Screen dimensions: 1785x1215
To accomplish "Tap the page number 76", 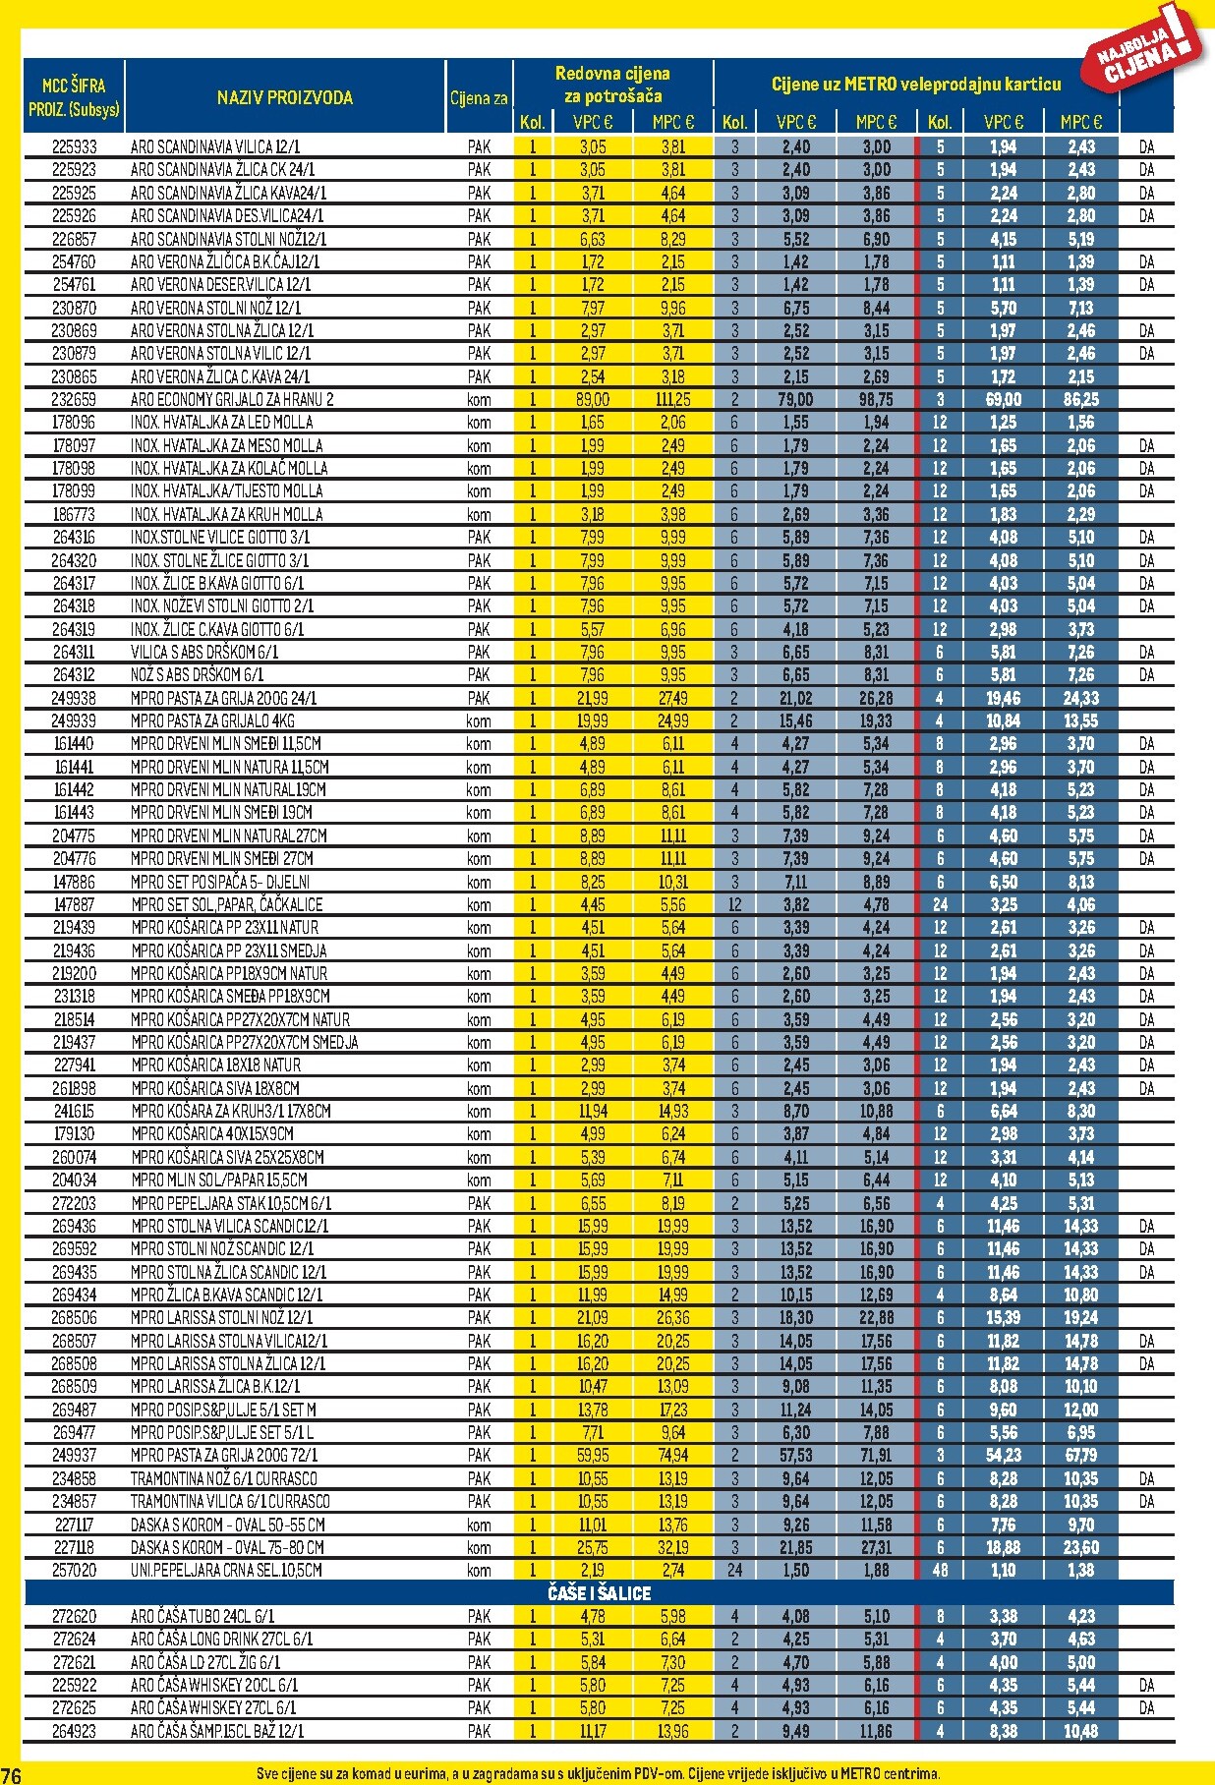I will pyautogui.click(x=11, y=1772).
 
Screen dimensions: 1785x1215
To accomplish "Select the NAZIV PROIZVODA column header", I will pyautogui.click(x=284, y=97).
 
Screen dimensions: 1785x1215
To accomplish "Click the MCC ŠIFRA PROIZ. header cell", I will pyautogui.click(x=74, y=96).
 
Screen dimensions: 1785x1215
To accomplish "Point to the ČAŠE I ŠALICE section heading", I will pyautogui.click(x=599, y=1593).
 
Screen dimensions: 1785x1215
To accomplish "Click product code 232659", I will pyautogui.click(x=74, y=399).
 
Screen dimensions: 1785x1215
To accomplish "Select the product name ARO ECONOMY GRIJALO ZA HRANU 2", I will pyautogui.click(x=232, y=399).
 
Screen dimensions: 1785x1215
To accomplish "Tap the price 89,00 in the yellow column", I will pyautogui.click(x=593, y=399).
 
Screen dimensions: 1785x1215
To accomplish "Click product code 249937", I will pyautogui.click(x=74, y=1455).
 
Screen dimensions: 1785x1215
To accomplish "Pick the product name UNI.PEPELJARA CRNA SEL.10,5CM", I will pyautogui.click(x=226, y=1570).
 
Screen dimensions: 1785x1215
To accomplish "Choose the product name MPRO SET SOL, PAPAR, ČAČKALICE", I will pyautogui.click(x=226, y=904).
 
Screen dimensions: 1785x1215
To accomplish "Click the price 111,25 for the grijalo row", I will pyautogui.click(x=672, y=399).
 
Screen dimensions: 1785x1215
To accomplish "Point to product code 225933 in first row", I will pyautogui.click(x=74, y=146).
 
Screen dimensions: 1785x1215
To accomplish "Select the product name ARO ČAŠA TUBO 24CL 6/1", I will pyautogui.click(x=202, y=1616).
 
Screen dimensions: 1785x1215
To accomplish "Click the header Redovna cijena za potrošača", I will pyautogui.click(x=612, y=85).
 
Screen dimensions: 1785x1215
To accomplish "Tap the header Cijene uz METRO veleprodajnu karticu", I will pyautogui.click(x=916, y=85).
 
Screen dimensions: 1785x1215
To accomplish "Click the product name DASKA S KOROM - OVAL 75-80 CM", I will pyautogui.click(x=227, y=1547).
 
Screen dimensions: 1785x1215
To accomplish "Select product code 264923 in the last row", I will pyautogui.click(x=74, y=1731).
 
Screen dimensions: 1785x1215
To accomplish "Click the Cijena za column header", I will pyautogui.click(x=479, y=97).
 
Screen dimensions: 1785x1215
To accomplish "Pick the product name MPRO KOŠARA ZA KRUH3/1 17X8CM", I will pyautogui.click(x=231, y=1111).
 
